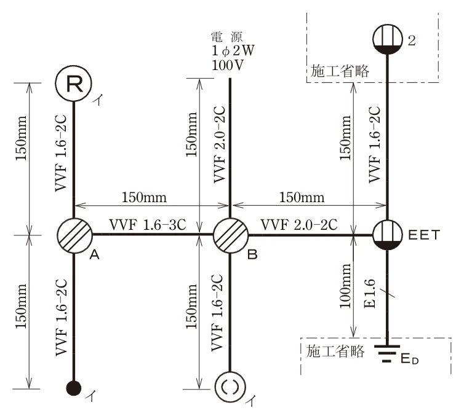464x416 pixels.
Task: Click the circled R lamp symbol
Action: tap(74, 84)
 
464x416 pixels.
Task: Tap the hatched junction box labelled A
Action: tap(74, 235)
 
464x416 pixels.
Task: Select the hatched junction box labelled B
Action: tap(231, 235)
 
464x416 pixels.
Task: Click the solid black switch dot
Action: tap(74, 388)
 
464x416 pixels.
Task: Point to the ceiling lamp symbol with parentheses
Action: tap(230, 387)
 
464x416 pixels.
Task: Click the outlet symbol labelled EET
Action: tap(387, 235)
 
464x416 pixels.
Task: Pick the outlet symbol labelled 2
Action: tap(387, 39)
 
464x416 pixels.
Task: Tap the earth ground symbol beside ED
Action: tap(386, 354)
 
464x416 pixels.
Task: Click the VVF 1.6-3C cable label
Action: tap(148, 224)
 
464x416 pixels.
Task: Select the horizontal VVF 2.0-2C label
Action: tap(299, 225)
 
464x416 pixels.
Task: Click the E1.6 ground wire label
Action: tap(370, 293)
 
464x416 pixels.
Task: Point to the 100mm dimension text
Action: tap(345, 286)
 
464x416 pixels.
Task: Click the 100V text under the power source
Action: tap(228, 65)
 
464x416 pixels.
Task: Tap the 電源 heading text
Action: tap(226, 37)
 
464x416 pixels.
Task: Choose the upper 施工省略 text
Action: tap(340, 71)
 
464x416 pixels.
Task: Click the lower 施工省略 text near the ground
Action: tap(335, 351)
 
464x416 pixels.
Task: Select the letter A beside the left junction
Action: tap(94, 254)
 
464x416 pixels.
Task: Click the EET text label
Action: tap(424, 235)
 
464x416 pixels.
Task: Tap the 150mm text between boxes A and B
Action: tap(144, 197)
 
